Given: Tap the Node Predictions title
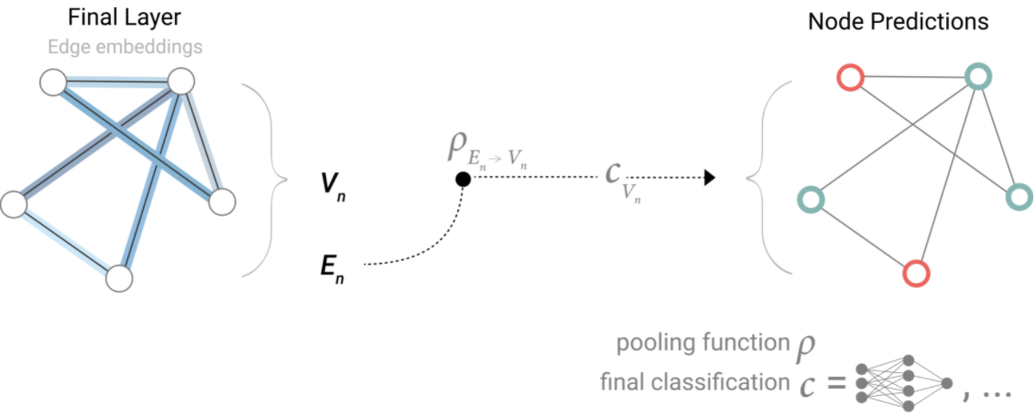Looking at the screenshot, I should coord(898,21).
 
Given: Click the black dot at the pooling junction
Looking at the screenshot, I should coord(463,180).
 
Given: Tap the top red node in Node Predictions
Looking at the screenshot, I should coord(850,79).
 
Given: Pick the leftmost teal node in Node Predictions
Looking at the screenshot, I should coord(810,198).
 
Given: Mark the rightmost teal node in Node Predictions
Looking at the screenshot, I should coord(1019,196).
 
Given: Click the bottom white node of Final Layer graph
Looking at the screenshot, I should coord(118,278).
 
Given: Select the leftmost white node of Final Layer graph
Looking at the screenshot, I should coord(14,204).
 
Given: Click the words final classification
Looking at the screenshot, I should coord(692,381).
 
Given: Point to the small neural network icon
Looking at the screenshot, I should coord(903,382).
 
